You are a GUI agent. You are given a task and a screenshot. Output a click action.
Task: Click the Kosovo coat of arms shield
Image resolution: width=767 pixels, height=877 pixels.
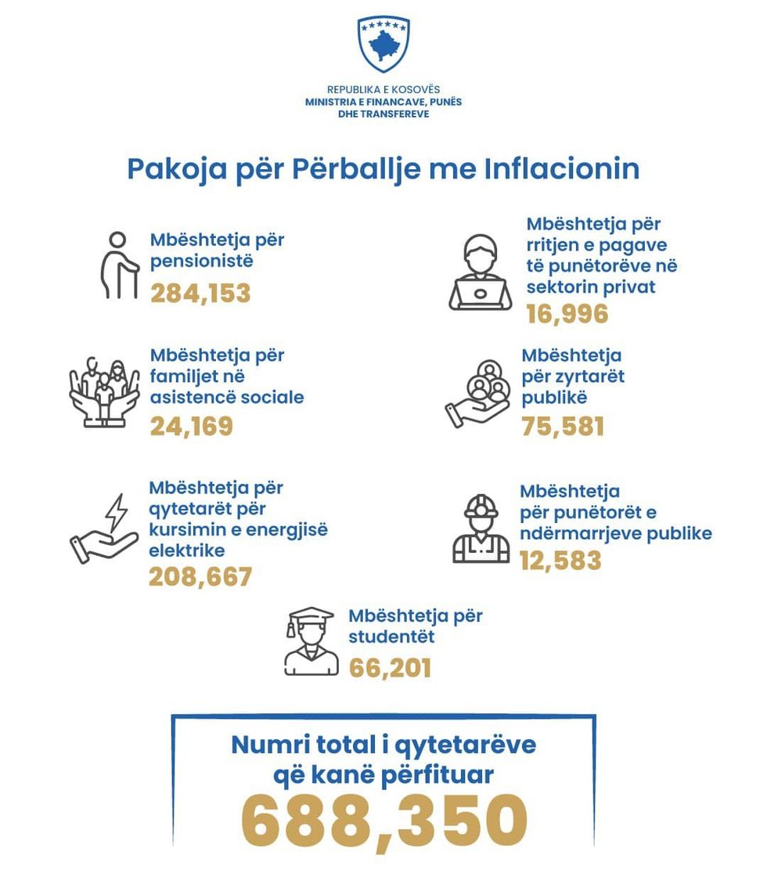pyautogui.click(x=383, y=44)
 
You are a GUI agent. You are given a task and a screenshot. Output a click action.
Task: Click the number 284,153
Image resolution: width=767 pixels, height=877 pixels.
pyautogui.click(x=200, y=293)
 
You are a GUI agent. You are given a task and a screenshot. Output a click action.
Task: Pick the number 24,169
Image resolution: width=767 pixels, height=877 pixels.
pyautogui.click(x=192, y=427)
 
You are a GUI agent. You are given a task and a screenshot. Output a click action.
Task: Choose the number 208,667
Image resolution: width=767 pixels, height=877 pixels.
pyautogui.click(x=200, y=577)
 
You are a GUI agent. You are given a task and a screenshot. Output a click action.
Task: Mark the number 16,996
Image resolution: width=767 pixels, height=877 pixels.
pyautogui.click(x=567, y=314)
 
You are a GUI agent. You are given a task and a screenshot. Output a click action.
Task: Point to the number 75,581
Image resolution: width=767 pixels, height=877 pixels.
pyautogui.click(x=563, y=427)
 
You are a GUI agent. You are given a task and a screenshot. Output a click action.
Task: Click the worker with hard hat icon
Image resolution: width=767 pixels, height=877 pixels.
pyautogui.click(x=481, y=529)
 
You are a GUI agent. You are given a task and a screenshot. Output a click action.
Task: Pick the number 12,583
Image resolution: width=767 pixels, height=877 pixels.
pyautogui.click(x=560, y=561)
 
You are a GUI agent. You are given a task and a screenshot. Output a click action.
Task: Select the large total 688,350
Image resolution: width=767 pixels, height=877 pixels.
pyautogui.click(x=383, y=822)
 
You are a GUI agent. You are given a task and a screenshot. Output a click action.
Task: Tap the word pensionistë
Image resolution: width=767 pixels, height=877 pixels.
pyautogui.click(x=202, y=260)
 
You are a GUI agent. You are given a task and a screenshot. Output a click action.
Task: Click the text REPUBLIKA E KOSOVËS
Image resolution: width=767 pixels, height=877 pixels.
pyautogui.click(x=383, y=90)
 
